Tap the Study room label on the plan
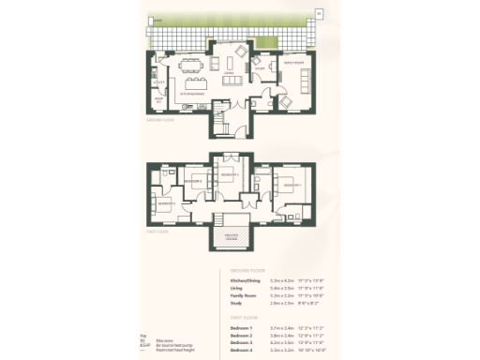click(260, 67)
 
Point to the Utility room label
click(159, 82)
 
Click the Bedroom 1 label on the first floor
click(292, 186)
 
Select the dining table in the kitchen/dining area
click(191, 65)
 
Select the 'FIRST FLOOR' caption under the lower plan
click(157, 231)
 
